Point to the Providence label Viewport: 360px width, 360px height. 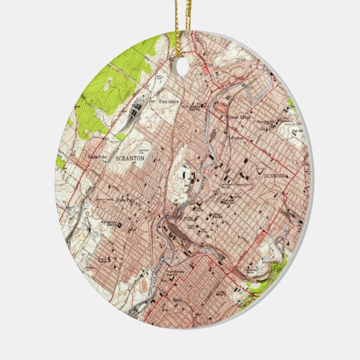pos(169,101)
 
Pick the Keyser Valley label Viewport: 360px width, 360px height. pos(98,158)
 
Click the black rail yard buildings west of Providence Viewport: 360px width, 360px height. pos(139,109)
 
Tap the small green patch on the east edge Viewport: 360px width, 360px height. pos(291,105)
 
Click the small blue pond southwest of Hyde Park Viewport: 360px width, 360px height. pos(102,224)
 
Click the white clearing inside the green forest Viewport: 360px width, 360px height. pos(109,85)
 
